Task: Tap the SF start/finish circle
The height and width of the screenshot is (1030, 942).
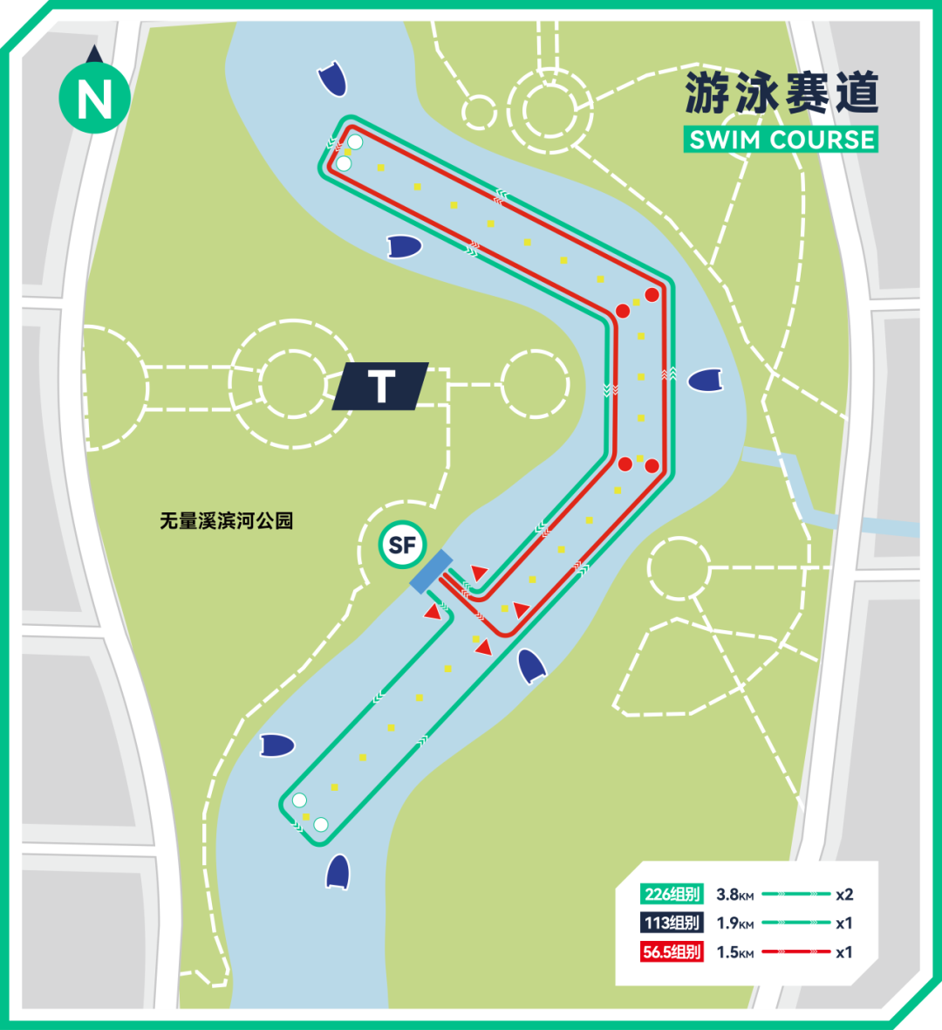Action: point(401,546)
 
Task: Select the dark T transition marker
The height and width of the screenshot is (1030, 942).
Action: point(381,385)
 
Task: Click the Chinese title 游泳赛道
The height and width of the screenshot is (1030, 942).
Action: point(781,93)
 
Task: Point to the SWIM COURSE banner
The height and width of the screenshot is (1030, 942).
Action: point(781,140)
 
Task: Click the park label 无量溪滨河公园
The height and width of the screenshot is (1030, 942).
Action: point(226,521)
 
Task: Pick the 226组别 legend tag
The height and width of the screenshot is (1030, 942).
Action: point(672,894)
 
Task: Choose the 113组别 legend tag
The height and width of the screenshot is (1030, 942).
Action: point(672,923)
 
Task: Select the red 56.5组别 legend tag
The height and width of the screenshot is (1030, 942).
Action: point(672,951)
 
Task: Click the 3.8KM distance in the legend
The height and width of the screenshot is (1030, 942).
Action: point(734,895)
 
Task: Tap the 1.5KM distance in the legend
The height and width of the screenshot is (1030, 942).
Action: point(734,952)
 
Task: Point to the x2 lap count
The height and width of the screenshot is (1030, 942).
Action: point(843,895)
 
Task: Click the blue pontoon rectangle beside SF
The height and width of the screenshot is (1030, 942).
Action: point(431,572)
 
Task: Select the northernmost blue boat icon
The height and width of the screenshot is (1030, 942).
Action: point(333,79)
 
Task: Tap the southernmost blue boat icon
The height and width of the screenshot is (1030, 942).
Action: point(338,870)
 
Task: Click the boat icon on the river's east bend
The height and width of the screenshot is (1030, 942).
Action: point(706,381)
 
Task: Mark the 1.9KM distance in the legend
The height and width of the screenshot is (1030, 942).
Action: point(734,924)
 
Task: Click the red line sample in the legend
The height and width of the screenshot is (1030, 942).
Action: point(795,951)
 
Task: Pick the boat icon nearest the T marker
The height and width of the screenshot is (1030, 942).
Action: point(404,247)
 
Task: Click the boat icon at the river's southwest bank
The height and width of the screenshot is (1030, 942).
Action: point(277,745)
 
